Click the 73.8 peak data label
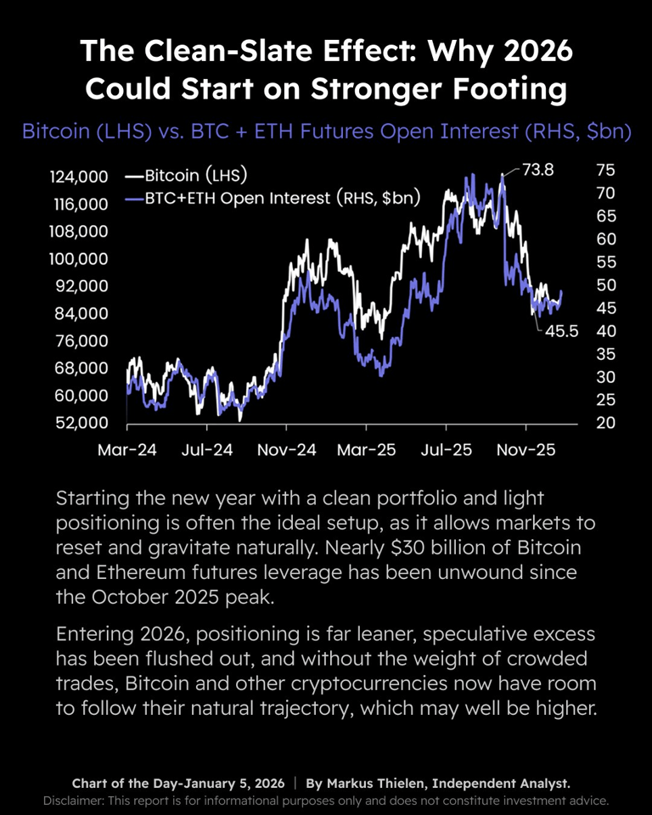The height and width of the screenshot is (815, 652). point(537,170)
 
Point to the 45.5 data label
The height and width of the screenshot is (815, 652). point(560,331)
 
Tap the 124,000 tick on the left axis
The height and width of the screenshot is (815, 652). point(77,177)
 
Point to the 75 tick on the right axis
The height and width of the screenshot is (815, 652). point(606,170)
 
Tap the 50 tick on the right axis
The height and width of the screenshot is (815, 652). point(606,284)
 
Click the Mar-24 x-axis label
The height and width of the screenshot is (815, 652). point(127,449)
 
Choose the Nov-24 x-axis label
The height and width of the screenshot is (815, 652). point(287,449)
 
